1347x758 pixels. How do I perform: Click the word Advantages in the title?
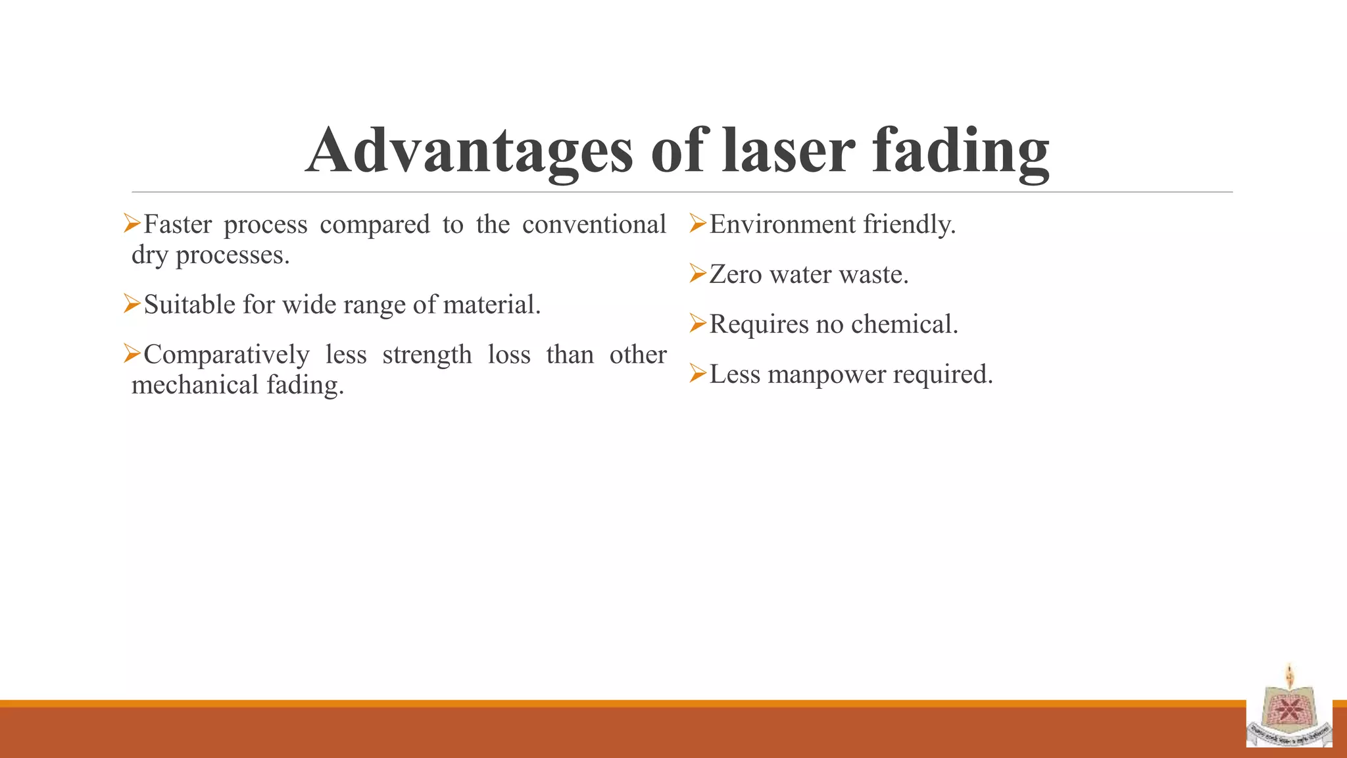tap(469, 152)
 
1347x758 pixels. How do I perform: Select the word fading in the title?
tap(960, 152)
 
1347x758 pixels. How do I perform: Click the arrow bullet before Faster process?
tap(132, 224)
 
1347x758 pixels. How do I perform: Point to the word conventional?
tap(594, 224)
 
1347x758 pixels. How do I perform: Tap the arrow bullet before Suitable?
tap(132, 304)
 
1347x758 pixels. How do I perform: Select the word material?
tap(491, 305)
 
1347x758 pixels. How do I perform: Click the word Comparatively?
tap(226, 355)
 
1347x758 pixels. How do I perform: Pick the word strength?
tap(427, 355)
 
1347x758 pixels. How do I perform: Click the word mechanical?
tap(195, 385)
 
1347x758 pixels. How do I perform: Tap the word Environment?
tap(782, 224)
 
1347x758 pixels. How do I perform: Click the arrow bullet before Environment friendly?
tap(698, 224)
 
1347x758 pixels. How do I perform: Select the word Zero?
tap(735, 274)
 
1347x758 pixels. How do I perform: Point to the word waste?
tap(875, 274)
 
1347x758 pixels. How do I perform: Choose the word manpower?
tap(826, 374)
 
